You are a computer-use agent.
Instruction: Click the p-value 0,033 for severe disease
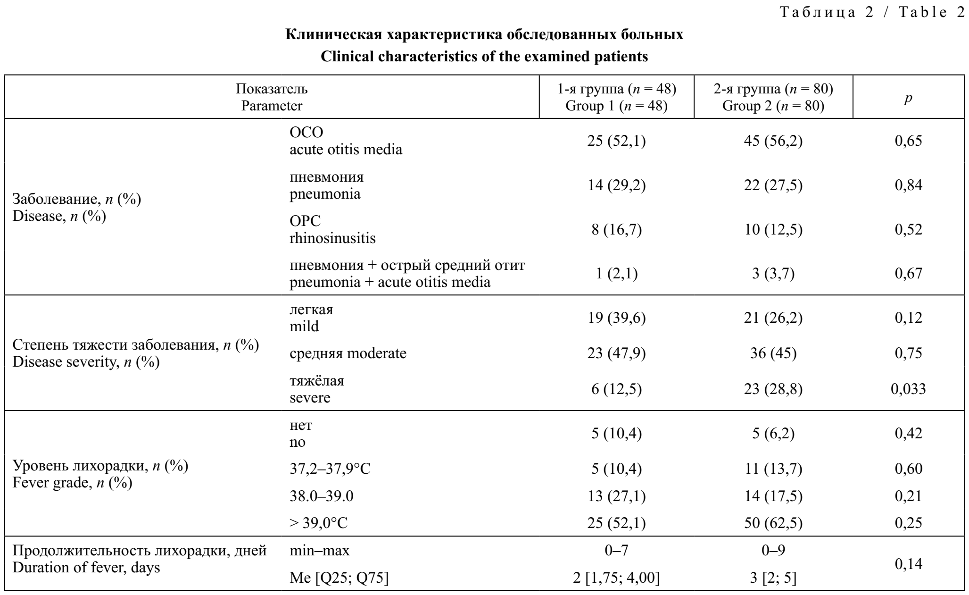point(908,389)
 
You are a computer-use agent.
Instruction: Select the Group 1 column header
point(616,97)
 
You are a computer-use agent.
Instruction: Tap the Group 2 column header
point(773,97)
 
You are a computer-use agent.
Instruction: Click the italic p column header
point(908,98)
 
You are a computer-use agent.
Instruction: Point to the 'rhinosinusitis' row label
point(332,238)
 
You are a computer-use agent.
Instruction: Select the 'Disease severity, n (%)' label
point(86,362)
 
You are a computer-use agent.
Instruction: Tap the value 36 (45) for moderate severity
point(773,353)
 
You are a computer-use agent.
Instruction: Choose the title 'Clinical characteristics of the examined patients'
point(484,57)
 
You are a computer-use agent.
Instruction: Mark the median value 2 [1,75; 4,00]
point(616,578)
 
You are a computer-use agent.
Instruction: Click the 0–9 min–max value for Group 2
point(773,551)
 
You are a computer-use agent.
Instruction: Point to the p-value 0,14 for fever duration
point(908,564)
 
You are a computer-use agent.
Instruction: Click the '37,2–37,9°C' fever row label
point(330,469)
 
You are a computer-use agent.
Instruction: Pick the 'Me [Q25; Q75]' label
point(339,578)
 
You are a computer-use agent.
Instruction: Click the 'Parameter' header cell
point(272,106)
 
